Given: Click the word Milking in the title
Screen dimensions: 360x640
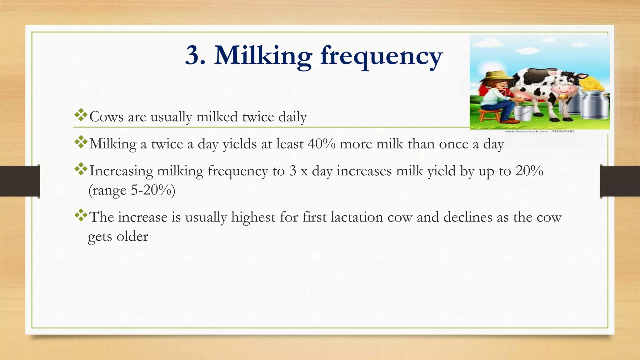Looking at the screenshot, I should tap(263, 56).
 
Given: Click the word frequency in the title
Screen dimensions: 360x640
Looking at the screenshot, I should tap(381, 56).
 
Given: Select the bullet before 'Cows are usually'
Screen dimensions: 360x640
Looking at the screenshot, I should tap(81, 115).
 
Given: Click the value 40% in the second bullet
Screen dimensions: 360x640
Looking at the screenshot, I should tap(322, 144).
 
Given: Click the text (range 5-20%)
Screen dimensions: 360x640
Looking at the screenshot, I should tap(132, 190).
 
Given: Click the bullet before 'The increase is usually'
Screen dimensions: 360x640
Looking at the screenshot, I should tap(81, 215).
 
